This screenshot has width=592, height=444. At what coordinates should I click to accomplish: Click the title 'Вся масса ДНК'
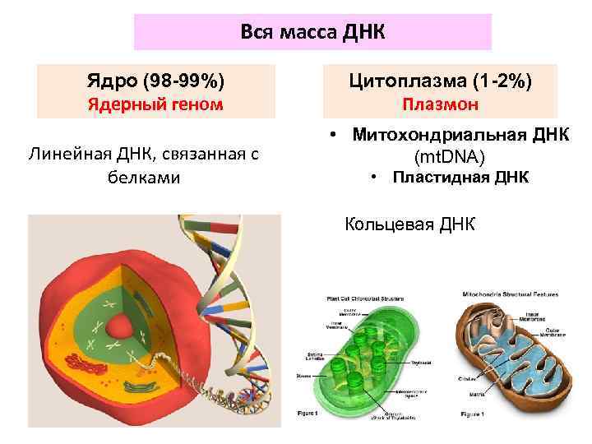[312, 31]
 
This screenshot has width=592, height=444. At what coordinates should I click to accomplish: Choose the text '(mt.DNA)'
[450, 156]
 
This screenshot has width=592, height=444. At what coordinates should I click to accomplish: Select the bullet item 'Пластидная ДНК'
[460, 178]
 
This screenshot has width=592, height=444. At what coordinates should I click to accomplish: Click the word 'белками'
[144, 178]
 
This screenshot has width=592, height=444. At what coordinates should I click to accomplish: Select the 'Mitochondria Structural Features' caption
[511, 293]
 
